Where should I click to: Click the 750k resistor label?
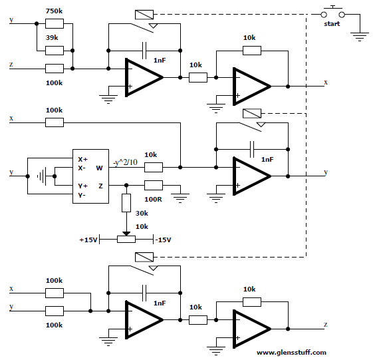pyautogui.click(x=54, y=11)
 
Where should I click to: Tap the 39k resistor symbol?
pyautogui.click(x=55, y=51)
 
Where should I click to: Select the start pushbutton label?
pyautogui.click(x=332, y=24)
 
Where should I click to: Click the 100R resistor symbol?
pyautogui.click(x=154, y=185)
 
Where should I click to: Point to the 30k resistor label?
pyautogui.click(x=142, y=213)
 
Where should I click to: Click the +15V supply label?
pyautogui.click(x=88, y=240)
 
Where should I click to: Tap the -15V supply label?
pyautogui.click(x=163, y=240)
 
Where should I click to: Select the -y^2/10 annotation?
pyautogui.click(x=125, y=162)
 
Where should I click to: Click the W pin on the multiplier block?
pyautogui.click(x=100, y=168)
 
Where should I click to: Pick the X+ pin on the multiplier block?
pyautogui.click(x=83, y=159)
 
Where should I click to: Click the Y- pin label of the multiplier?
pyautogui.click(x=82, y=196)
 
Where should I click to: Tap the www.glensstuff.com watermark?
pyautogui.click(x=291, y=353)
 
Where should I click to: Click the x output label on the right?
pyautogui.click(x=326, y=83)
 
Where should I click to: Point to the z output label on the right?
pyautogui.click(x=326, y=325)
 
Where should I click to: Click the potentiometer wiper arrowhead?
pyautogui.click(x=126, y=234)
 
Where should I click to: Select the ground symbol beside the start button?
pyautogui.click(x=360, y=37)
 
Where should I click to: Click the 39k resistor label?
pyautogui.click(x=52, y=38)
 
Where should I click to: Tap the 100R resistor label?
pyautogui.click(x=153, y=199)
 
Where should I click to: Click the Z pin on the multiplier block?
pyautogui.click(x=101, y=186)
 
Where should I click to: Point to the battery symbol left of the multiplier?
pyautogui.click(x=42, y=176)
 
